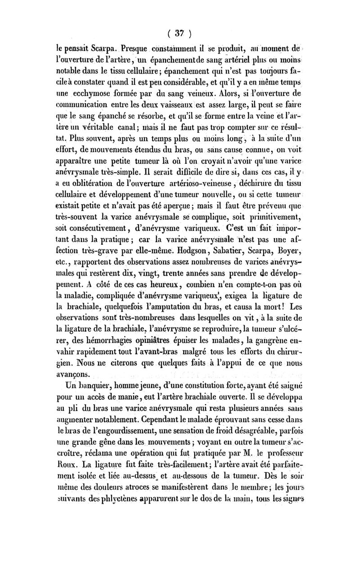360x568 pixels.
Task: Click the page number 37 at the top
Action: coord(180,33)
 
